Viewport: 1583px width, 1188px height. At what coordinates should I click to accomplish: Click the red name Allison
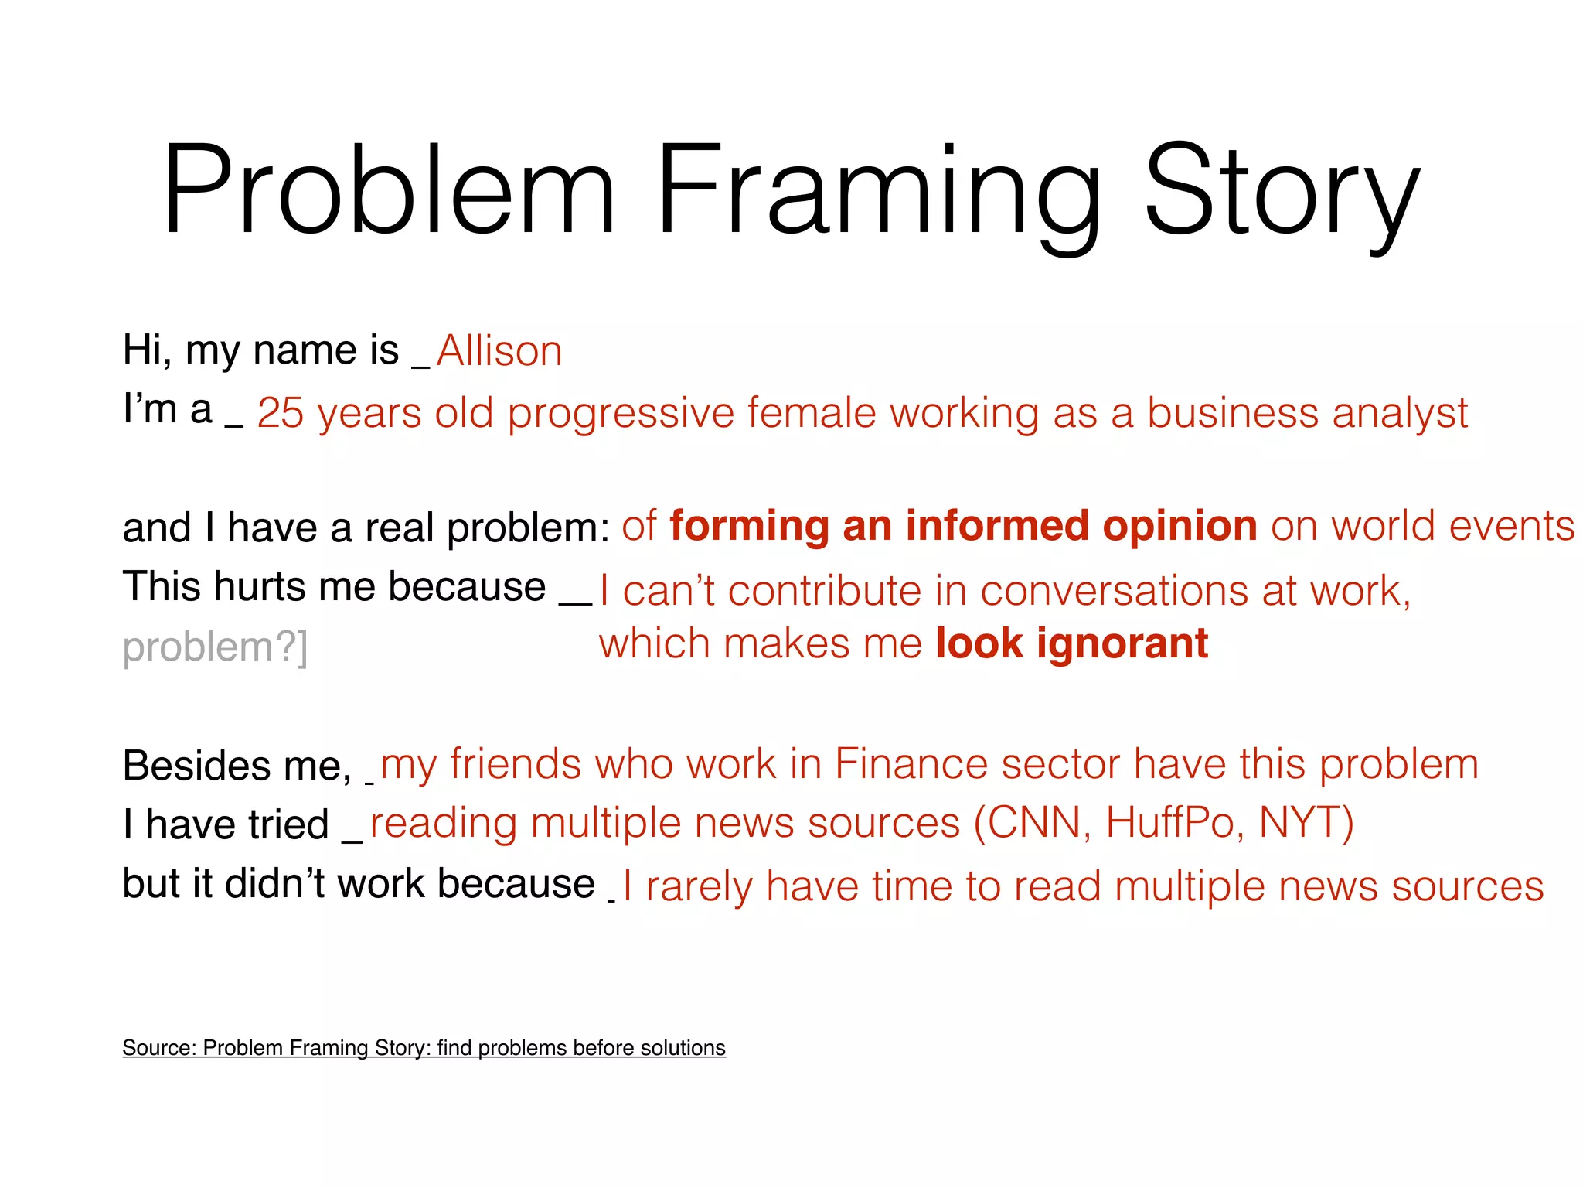click(x=499, y=351)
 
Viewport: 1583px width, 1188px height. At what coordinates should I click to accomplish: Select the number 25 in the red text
click(x=280, y=413)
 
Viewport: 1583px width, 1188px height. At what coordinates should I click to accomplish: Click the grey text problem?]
click(x=215, y=647)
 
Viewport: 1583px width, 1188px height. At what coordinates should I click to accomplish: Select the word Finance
click(x=911, y=764)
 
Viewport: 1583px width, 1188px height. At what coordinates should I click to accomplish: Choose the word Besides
click(x=196, y=766)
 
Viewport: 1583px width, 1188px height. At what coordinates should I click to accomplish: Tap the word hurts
click(x=259, y=586)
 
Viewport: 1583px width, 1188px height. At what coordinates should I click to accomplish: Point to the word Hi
click(x=145, y=350)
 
